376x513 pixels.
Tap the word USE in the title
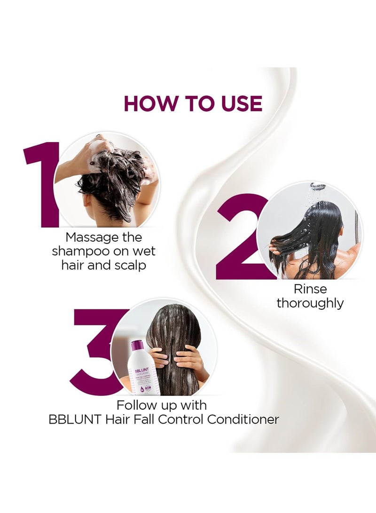click(237, 103)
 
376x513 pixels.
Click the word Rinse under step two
click(310, 289)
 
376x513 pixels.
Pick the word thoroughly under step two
click(310, 303)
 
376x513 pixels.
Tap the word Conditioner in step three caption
click(243, 419)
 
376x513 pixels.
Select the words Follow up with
click(162, 404)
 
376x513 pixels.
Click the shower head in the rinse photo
click(318, 186)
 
